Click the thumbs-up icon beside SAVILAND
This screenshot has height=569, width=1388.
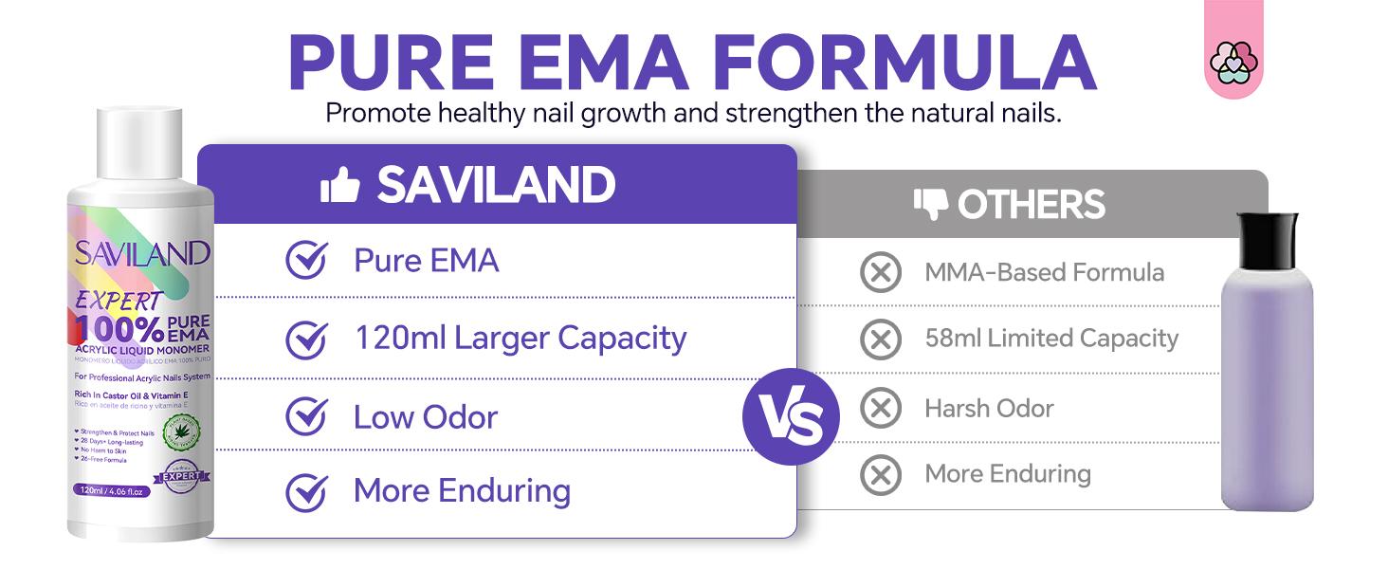pyautogui.click(x=339, y=185)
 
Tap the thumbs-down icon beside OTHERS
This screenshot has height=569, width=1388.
pyautogui.click(x=931, y=204)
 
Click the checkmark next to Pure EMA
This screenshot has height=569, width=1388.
pyautogui.click(x=306, y=260)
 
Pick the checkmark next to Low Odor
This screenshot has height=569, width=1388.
pyautogui.click(x=306, y=417)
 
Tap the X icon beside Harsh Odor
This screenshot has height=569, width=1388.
pyautogui.click(x=880, y=409)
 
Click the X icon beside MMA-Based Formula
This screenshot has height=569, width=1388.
pyautogui.click(x=880, y=273)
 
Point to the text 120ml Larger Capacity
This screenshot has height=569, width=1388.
pyautogui.click(x=520, y=339)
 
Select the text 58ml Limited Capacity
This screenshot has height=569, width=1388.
pyautogui.click(x=1051, y=339)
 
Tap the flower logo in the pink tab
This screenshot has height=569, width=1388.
pyautogui.click(x=1233, y=64)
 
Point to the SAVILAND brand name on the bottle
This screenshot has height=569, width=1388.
pyautogui.click(x=142, y=253)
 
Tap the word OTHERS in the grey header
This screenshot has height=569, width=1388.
pyautogui.click(x=1031, y=205)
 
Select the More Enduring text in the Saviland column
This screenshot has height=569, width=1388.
pyautogui.click(x=462, y=491)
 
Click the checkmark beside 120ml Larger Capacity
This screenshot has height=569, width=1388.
pyautogui.click(x=306, y=339)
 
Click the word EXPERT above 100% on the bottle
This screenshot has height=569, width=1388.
pyautogui.click(x=119, y=300)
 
